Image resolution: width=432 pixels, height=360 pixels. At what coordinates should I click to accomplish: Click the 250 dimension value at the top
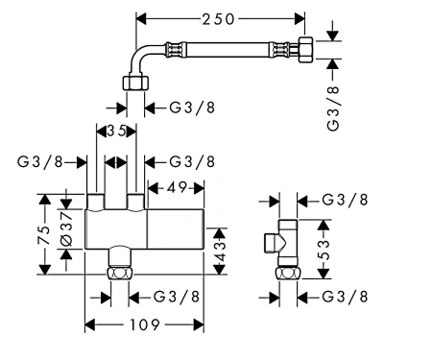[218, 19]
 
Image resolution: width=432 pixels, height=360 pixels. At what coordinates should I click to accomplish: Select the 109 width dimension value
[144, 325]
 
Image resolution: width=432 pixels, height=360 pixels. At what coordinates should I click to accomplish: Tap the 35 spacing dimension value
[117, 131]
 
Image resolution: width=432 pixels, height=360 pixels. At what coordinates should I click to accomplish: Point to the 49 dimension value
[177, 187]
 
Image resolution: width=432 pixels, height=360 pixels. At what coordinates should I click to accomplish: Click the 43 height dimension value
[220, 252]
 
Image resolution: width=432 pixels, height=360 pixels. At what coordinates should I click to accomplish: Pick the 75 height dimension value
[44, 235]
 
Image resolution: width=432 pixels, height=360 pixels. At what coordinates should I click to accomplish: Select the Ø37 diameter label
[66, 228]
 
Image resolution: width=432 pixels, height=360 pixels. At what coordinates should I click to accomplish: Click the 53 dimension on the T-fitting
[324, 250]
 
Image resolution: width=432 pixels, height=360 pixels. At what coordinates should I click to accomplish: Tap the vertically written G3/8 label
[333, 108]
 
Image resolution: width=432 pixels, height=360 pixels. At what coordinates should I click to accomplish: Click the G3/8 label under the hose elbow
[192, 108]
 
